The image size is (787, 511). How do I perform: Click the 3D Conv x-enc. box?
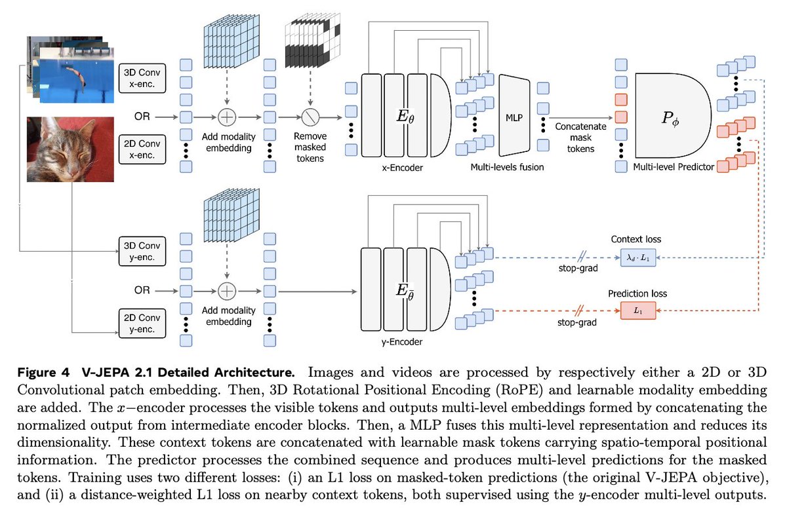pos(142,78)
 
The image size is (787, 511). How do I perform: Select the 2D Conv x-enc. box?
pos(142,149)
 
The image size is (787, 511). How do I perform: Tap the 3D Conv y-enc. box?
pos(142,252)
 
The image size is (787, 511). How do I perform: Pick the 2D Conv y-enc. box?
pos(142,323)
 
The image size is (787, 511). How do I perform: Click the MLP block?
pos(514,115)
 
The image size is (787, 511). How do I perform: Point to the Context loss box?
pos(638,257)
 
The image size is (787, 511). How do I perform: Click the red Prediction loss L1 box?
pos(638,311)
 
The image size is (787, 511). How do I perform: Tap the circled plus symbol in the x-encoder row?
pos(227,117)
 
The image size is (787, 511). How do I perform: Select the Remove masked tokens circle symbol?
pos(311,117)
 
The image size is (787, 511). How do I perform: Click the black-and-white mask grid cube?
pos(313,40)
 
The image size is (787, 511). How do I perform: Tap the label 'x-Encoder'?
pos(402,168)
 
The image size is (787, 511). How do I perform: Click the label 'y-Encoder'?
pos(402,342)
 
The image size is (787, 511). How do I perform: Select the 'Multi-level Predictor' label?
pos(674,167)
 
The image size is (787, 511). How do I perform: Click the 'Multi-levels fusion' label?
pos(507,167)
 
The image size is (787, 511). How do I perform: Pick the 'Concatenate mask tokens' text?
pos(581,138)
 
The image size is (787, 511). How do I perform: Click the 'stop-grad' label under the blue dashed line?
pos(578,268)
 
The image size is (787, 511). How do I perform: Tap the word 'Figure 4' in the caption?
pos(43,372)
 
